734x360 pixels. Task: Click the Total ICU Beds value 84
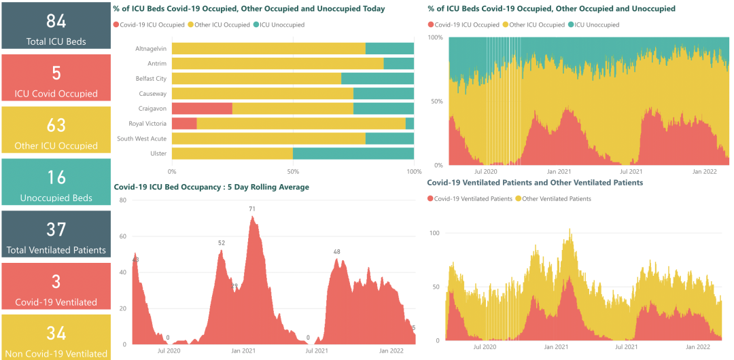[56, 21]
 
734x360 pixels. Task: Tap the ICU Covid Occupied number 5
[56, 73]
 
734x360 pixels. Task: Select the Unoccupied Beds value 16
[56, 177]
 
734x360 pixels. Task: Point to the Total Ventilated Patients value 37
[56, 230]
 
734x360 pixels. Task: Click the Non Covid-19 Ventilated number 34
[56, 334]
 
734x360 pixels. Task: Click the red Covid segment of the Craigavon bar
[202, 109]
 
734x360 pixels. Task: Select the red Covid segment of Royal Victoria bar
[184, 124]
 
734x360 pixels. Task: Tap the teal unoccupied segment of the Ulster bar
[353, 154]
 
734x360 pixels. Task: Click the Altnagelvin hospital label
[151, 49]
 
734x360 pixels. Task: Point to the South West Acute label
[141, 139]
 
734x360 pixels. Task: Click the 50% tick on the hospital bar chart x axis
[293, 171]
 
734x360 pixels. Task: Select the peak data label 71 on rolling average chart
[252, 209]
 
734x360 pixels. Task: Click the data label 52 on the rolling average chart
[222, 243]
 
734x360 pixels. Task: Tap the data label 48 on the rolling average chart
[336, 252]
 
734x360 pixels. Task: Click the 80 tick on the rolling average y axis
[123, 200]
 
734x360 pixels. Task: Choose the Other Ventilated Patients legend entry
[556, 199]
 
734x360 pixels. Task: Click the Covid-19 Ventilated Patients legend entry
[473, 199]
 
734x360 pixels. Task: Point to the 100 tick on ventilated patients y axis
[435, 233]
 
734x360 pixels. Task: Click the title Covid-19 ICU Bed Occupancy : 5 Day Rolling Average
[211, 187]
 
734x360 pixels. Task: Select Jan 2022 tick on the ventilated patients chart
[698, 346]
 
